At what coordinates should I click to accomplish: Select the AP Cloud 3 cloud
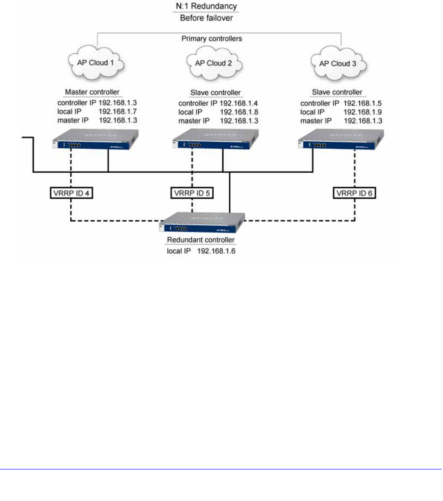tap(334, 64)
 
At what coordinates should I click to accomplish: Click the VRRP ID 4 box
tap(71, 193)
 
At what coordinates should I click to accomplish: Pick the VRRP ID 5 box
tap(192, 193)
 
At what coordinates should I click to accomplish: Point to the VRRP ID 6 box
tap(355, 193)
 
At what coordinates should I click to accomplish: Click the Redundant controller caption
tap(201, 240)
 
